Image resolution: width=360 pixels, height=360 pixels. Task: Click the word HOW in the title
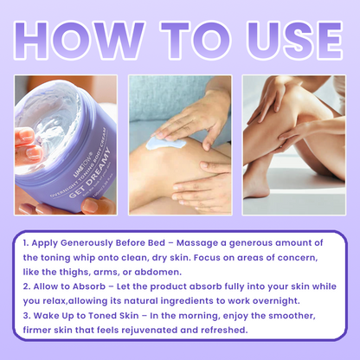[79, 40]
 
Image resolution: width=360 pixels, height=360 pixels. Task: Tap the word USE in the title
[295, 40]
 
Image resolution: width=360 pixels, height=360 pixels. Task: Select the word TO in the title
[196, 40]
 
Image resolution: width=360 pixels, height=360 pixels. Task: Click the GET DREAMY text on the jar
[90, 172]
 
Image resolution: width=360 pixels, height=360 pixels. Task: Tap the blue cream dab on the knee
[164, 144]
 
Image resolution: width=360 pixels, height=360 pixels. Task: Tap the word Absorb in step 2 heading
[89, 286]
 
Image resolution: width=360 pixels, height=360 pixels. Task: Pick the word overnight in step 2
[276, 301]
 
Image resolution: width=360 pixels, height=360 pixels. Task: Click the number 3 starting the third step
[27, 316]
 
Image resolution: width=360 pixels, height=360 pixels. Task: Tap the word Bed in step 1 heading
[157, 243]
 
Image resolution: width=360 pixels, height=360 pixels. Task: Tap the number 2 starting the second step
[27, 286]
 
